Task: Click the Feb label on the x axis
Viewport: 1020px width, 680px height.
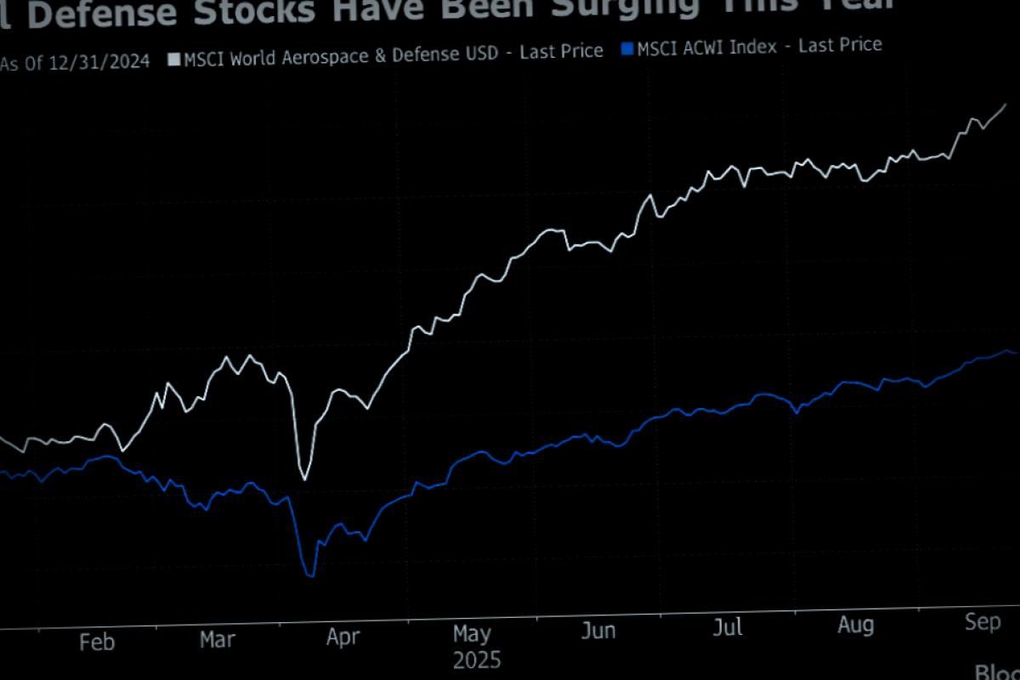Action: pyautogui.click(x=97, y=643)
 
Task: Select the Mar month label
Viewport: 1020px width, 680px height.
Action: pyautogui.click(x=218, y=639)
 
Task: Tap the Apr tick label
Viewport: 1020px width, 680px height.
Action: pyautogui.click(x=343, y=637)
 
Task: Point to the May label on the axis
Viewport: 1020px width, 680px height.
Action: pyautogui.click(x=472, y=633)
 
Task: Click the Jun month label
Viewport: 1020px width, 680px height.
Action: pyautogui.click(x=598, y=631)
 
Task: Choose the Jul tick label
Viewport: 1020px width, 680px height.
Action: pyautogui.click(x=728, y=627)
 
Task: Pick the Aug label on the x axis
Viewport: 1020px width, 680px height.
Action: pyautogui.click(x=855, y=625)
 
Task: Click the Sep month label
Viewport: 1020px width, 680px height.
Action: pyautogui.click(x=982, y=621)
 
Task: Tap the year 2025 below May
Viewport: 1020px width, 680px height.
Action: pyautogui.click(x=477, y=660)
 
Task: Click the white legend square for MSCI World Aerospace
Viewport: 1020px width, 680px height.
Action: pyautogui.click(x=174, y=59)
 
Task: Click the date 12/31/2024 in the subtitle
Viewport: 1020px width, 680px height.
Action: pyautogui.click(x=100, y=62)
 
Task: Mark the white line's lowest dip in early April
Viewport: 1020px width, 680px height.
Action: pyautogui.click(x=304, y=479)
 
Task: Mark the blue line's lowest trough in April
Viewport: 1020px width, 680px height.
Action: pyautogui.click(x=310, y=575)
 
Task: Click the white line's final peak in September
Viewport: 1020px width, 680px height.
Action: pyautogui.click(x=1006, y=105)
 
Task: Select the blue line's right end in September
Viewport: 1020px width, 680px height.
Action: pyautogui.click(x=1016, y=353)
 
